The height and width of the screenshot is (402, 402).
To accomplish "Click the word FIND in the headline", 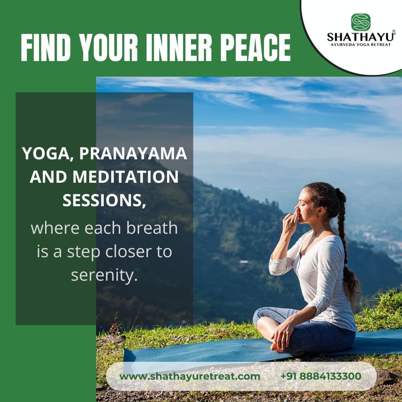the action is click(x=46, y=47).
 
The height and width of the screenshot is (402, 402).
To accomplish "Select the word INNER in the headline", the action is click(x=179, y=47).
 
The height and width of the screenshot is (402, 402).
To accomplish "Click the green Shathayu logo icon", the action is click(x=361, y=22).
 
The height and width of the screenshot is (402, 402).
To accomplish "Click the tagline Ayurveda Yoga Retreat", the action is click(x=361, y=45).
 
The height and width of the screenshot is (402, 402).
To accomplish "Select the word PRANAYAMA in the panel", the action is click(x=133, y=153).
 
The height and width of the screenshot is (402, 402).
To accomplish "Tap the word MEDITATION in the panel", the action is click(x=125, y=177).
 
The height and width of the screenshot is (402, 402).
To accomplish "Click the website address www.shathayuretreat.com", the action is click(x=190, y=376).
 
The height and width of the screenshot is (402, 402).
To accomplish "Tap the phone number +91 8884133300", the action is click(x=321, y=376).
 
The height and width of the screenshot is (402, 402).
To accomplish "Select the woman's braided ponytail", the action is click(x=346, y=246).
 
